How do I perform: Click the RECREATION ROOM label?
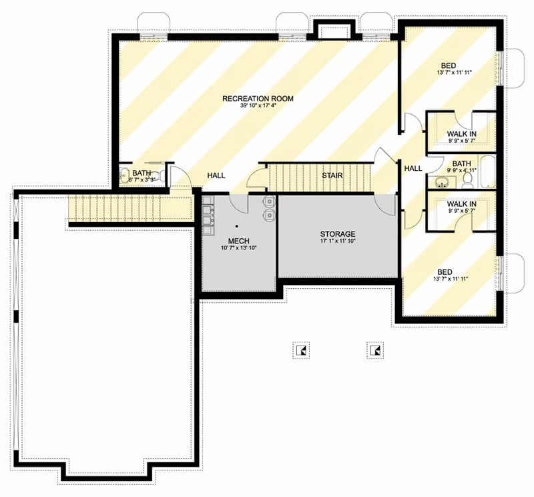[x=258, y=99]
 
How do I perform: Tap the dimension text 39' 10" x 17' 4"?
[x=258, y=106]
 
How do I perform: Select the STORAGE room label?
[x=337, y=234]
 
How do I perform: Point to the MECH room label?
[x=239, y=240]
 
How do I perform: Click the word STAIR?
[x=332, y=175]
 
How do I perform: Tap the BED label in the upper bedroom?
[x=449, y=65]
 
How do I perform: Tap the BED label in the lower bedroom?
[x=445, y=272]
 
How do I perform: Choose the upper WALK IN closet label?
[x=461, y=134]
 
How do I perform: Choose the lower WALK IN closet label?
[x=461, y=204]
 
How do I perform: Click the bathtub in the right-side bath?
[x=488, y=172]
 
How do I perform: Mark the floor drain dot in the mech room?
[x=238, y=227]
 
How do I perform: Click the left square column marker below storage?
[x=302, y=349]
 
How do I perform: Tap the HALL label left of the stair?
[x=216, y=175]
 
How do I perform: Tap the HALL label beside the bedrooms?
[x=413, y=169]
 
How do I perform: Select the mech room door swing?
[x=238, y=203]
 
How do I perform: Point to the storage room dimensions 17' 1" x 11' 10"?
[x=337, y=241]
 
